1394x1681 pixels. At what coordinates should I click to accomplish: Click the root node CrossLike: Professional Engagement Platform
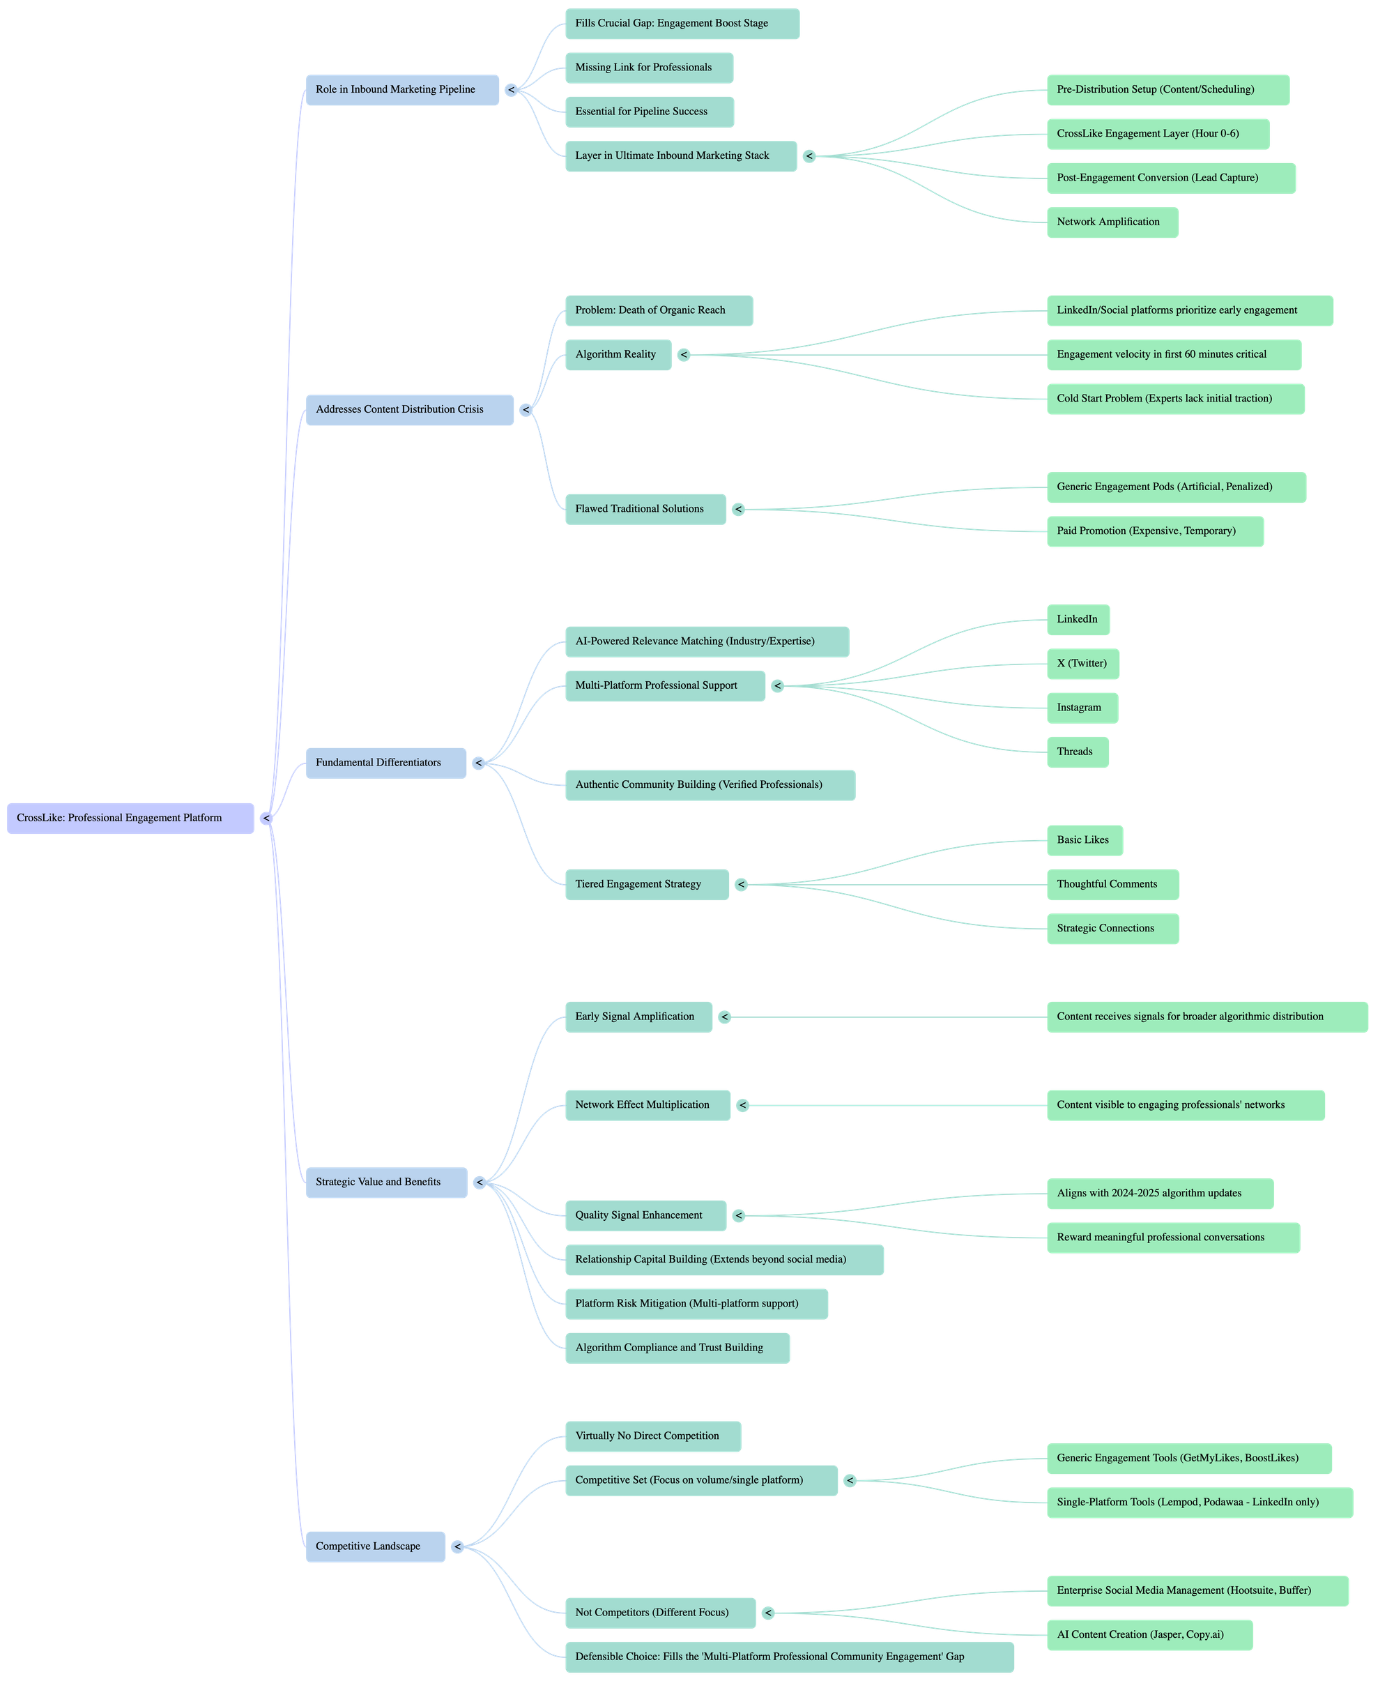130,818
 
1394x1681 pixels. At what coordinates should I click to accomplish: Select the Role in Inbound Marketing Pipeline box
402,90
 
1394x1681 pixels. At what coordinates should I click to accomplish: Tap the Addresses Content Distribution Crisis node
410,410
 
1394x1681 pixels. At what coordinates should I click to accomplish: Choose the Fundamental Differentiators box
385,763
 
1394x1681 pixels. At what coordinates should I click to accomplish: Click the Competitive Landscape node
375,1546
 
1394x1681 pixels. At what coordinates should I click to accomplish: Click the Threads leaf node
1077,752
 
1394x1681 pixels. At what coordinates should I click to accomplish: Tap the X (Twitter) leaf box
1082,664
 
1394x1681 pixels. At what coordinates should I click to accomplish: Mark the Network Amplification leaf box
1112,222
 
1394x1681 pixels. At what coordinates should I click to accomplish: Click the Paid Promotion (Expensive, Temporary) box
1155,531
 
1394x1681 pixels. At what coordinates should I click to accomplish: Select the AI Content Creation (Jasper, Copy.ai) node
1149,1634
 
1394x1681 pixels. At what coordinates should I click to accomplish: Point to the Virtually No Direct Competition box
653,1436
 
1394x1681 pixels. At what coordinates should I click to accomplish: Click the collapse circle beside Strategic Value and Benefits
480,1182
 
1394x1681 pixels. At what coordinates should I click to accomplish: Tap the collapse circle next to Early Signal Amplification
724,1017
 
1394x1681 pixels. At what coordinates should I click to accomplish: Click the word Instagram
1079,708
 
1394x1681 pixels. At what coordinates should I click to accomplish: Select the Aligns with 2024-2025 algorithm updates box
1160,1194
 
